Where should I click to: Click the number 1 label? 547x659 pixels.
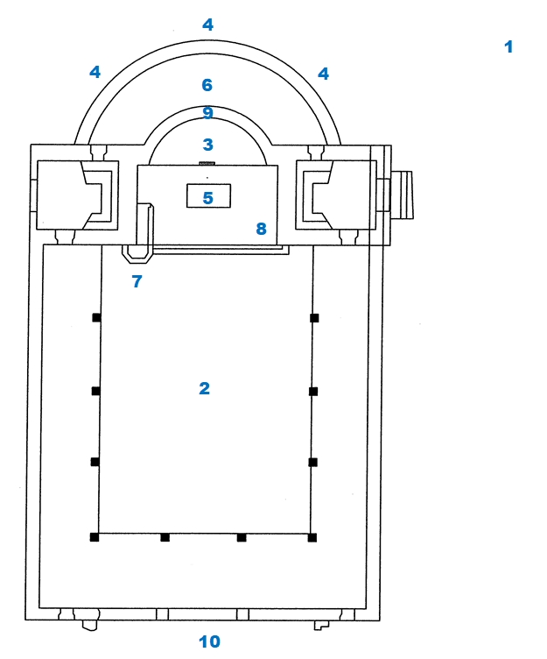click(x=508, y=46)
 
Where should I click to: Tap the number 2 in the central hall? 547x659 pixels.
click(x=204, y=388)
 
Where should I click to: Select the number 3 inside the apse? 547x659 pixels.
click(x=207, y=145)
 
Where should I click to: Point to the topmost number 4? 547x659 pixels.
click(x=207, y=25)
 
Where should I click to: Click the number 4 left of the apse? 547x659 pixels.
click(x=95, y=72)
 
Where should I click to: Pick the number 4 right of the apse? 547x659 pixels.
click(x=323, y=74)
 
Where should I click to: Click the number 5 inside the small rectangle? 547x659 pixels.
click(x=207, y=198)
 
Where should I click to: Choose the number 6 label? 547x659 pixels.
click(x=207, y=85)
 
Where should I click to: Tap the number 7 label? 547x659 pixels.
click(x=137, y=281)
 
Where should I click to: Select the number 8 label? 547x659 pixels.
click(x=261, y=229)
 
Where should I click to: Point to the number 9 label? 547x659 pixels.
click(x=207, y=113)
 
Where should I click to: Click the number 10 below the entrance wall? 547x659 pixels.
click(x=209, y=641)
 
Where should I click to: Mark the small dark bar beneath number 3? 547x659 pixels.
click(x=207, y=163)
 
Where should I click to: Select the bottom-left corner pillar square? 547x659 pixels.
click(x=95, y=537)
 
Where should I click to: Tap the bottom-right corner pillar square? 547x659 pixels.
click(x=312, y=537)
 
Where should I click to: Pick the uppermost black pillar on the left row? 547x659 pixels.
click(x=96, y=318)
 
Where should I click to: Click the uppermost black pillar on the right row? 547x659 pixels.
click(x=313, y=318)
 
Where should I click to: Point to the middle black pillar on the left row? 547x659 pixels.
click(x=95, y=391)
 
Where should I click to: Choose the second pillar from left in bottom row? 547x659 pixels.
click(x=165, y=537)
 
